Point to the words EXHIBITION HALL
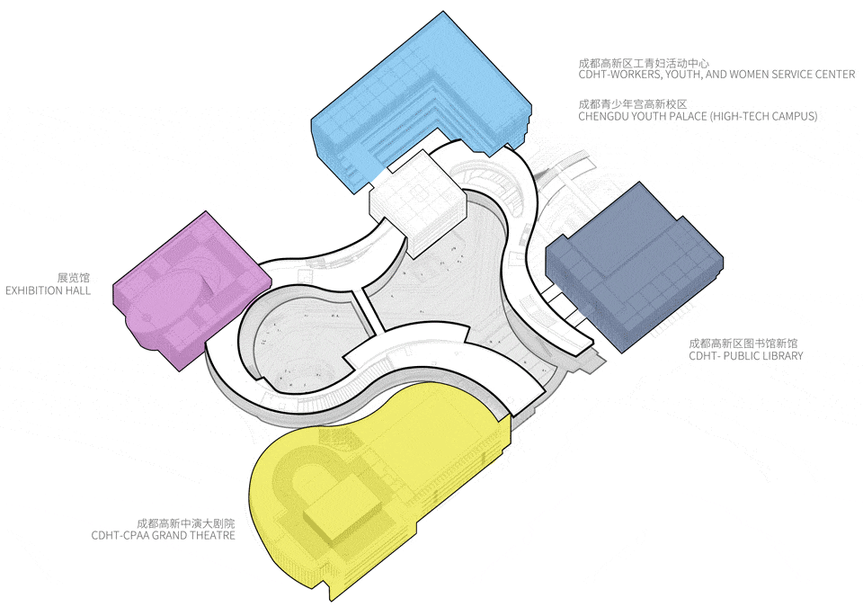pos(48,290)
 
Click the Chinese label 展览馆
pos(73,278)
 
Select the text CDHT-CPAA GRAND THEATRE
pos(164,535)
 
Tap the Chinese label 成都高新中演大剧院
pos(186,522)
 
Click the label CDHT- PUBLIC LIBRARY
pos(746,356)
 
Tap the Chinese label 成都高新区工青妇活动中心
pos(644,63)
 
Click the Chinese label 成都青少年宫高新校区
pos(633,104)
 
